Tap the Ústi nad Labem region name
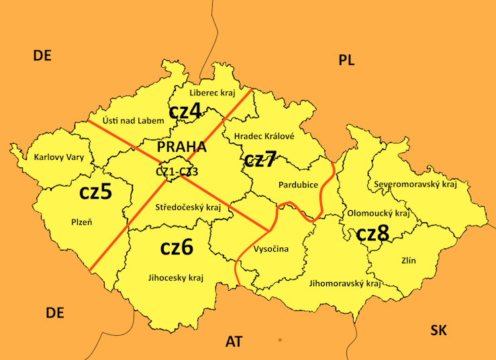click(x=133, y=121)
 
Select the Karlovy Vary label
click(x=58, y=158)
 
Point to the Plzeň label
click(x=81, y=222)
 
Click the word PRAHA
click(x=181, y=147)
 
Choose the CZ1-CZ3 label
click(x=177, y=172)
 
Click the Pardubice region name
click(x=297, y=184)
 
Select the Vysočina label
click(x=270, y=249)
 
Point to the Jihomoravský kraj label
click(x=345, y=283)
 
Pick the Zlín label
click(x=409, y=260)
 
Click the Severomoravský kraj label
click(x=415, y=184)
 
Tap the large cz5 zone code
click(x=95, y=191)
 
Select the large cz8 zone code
click(x=372, y=234)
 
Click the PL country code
click(x=346, y=61)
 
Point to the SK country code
click(x=438, y=330)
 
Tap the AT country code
click(x=234, y=342)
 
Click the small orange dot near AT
click(x=280, y=340)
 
